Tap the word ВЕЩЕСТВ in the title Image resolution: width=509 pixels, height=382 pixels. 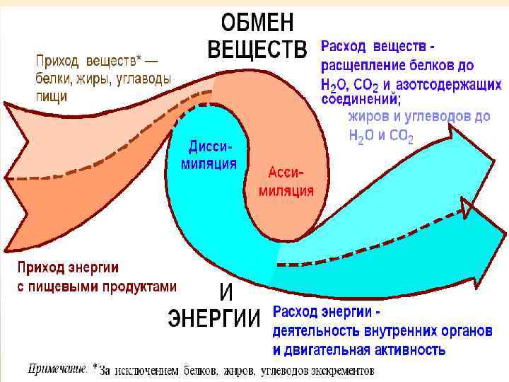(257, 50)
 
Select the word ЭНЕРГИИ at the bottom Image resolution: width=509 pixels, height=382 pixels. (214, 319)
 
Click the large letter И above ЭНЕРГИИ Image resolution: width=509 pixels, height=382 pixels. (226, 291)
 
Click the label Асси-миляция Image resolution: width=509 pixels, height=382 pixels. (287, 182)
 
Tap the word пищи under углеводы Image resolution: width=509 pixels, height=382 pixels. (52, 96)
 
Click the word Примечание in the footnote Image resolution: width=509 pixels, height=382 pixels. (57, 369)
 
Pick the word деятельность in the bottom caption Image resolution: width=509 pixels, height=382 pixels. (315, 331)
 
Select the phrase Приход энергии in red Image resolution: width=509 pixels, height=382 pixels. (68, 269)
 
